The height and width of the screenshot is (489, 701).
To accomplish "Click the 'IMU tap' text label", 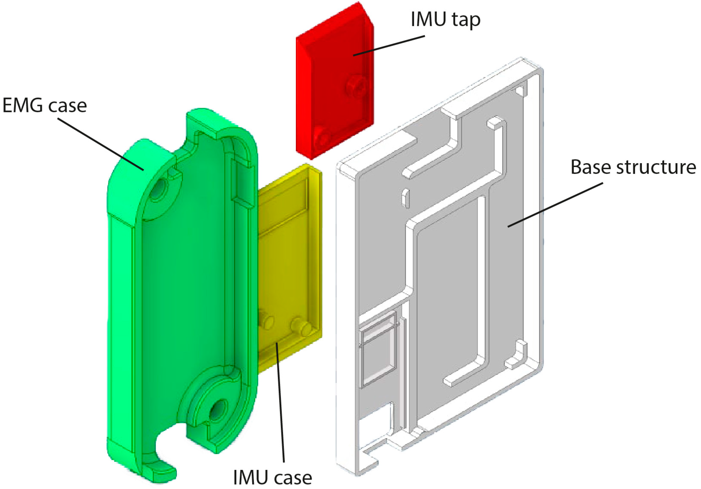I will coord(445,20).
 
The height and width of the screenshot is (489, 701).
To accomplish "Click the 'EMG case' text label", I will coord(45,106).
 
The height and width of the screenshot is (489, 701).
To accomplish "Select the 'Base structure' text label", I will coord(633,167).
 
